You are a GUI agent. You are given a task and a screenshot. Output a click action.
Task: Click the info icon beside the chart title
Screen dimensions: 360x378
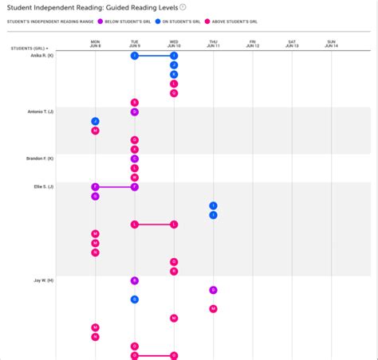tap(183, 7)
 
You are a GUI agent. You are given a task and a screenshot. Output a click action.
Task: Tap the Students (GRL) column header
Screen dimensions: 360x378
tap(29, 49)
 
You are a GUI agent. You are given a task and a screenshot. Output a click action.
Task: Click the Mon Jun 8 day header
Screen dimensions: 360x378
tap(95, 44)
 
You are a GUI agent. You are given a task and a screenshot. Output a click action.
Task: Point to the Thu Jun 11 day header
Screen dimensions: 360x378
tap(213, 44)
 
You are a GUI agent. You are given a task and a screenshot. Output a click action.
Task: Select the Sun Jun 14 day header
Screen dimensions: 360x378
tap(331, 44)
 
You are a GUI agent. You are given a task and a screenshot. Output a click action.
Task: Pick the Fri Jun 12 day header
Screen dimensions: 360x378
tap(252, 44)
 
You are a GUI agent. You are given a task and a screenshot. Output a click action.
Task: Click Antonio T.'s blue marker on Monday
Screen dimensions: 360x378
tap(95, 122)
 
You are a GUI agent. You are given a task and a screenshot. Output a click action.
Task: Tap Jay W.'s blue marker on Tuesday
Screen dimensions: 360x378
tap(135, 299)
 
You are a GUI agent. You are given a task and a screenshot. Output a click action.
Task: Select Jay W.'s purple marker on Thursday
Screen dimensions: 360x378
tap(213, 290)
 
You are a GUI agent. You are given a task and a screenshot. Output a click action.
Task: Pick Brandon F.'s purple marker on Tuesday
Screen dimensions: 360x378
tap(135, 158)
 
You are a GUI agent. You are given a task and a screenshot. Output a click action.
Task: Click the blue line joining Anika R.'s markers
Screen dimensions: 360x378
tap(154, 56)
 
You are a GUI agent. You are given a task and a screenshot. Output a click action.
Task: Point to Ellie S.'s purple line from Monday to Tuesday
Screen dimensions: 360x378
tap(115, 186)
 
